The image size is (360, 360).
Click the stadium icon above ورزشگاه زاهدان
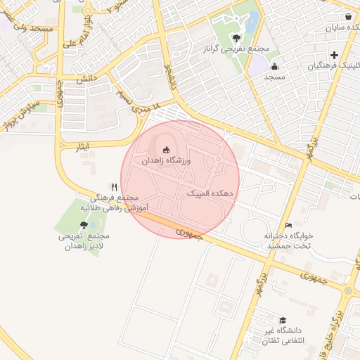(x=166, y=149)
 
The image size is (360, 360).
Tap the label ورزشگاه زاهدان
(x=166, y=161)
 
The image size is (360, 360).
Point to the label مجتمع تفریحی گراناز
(x=235, y=49)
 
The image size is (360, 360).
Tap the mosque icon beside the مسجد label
(x=273, y=68)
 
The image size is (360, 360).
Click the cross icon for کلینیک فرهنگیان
(x=334, y=55)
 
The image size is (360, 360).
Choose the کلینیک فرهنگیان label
(x=334, y=66)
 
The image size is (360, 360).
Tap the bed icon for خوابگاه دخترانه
(x=288, y=225)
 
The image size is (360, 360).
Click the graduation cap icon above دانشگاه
(x=282, y=320)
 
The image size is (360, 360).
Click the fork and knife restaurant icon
(x=114, y=187)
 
